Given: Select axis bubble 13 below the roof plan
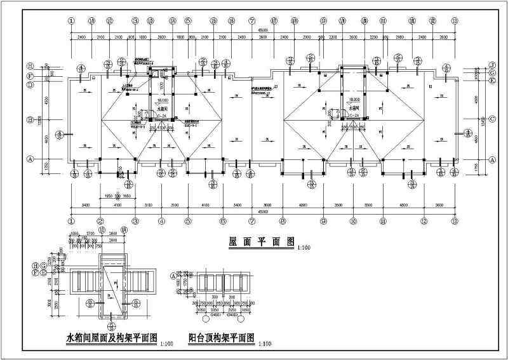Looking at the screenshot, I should click(x=455, y=221).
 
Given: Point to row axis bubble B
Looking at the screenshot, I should click(x=29, y=119).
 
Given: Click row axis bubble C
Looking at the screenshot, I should click(x=491, y=119).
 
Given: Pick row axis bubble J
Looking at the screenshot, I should click(x=491, y=65).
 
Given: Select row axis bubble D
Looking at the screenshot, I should click(x=29, y=82).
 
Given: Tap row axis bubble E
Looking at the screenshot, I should click(x=491, y=81).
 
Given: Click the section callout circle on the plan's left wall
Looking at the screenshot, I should click(x=60, y=134).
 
